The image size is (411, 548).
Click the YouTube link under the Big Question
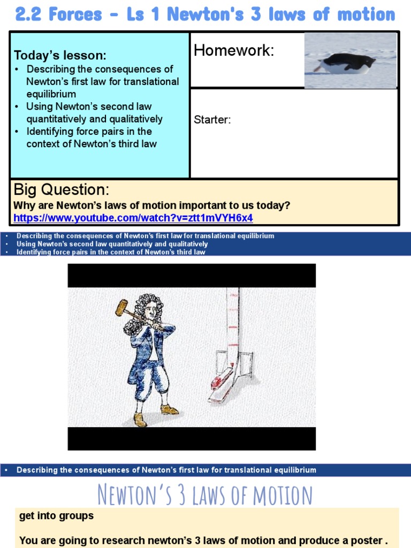tap(133, 218)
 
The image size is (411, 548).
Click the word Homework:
tap(233, 51)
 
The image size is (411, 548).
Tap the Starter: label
tap(212, 120)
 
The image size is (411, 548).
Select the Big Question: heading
tap(61, 189)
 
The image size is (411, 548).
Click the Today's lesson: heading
tap(60, 56)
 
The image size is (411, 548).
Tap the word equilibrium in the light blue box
tap(51, 94)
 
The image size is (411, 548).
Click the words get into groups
tap(56, 516)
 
